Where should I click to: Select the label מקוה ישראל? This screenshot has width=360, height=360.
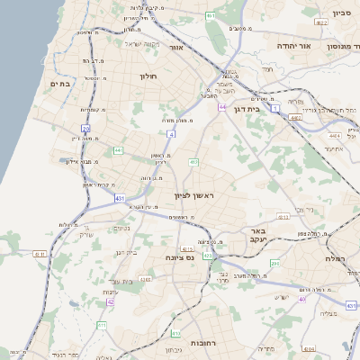tap(140, 44)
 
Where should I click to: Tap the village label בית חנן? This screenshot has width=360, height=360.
tap(125, 252)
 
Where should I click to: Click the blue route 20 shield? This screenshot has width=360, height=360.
tap(86, 129)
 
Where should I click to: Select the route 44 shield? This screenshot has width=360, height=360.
tap(221, 105)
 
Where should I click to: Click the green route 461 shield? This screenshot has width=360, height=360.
tap(210, 16)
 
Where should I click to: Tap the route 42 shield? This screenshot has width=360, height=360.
tap(110, 302)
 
